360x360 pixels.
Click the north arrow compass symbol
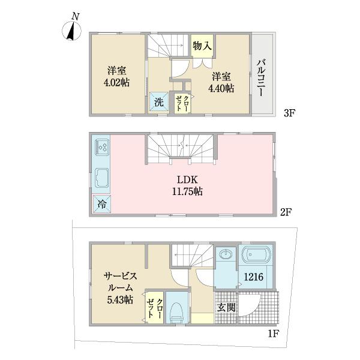pos(71,31)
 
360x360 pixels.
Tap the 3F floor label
pos(289,113)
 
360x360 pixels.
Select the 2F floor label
pos(286,212)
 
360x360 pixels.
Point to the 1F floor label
pos(273,334)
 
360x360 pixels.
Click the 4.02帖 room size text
pos(116,82)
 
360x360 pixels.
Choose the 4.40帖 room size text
pos(221,88)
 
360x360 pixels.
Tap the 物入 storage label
pos(202,46)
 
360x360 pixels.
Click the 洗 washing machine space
pos(159,102)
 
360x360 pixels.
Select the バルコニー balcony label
pos(262,77)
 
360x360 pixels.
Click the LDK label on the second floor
pos(187,180)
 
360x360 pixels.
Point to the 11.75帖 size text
pos(187,191)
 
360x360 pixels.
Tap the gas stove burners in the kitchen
pos(102,147)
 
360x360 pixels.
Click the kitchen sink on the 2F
pos(102,178)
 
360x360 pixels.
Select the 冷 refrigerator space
pos(102,204)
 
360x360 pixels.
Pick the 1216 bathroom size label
pos(253,277)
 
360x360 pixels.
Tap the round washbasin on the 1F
pos(226,254)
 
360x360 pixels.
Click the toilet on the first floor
pos(178,311)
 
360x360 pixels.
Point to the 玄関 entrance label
pos(226,308)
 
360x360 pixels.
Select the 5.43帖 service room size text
pos(120,300)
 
